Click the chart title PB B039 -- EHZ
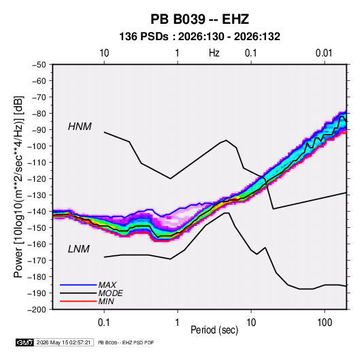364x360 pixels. [199, 19]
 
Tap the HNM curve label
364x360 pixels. [80, 127]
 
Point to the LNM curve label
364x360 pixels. [79, 249]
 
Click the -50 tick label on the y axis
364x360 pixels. [39, 65]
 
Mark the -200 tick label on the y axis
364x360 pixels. [37, 310]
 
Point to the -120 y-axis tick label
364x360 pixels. [37, 179]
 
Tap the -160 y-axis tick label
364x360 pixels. [37, 244]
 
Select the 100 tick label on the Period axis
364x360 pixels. [325, 322]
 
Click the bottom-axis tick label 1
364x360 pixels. [178, 322]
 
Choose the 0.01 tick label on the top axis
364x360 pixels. [324, 53]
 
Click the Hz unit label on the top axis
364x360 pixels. [214, 53]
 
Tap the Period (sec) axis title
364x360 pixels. [214, 330]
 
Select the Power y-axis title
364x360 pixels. [18, 186]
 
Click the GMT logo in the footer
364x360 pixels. [25, 342]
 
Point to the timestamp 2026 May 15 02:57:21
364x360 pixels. [63, 342]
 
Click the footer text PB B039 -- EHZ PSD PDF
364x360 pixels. [126, 342]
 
